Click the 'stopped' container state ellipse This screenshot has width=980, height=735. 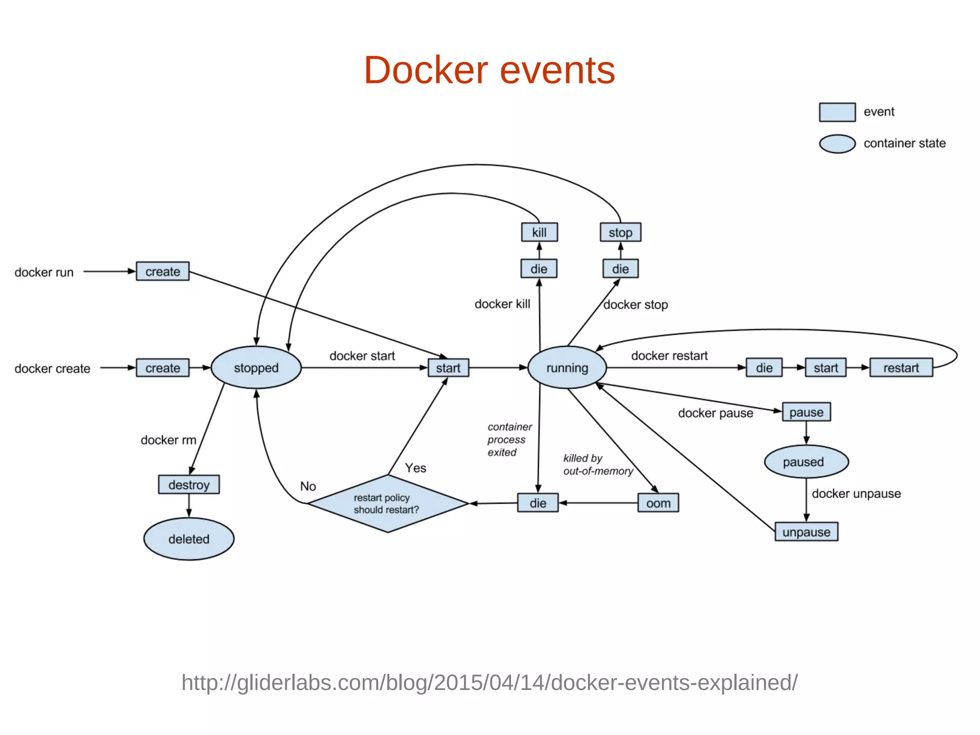coord(256,368)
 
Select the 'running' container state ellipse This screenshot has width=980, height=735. coord(567,368)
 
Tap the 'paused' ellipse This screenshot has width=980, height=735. coord(806,462)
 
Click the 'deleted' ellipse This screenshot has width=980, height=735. coord(189,539)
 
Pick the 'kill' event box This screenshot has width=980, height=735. coord(539,232)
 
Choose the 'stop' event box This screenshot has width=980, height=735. coord(620,232)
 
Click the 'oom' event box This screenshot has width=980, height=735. coord(658,503)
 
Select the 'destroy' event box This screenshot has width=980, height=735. coord(189,485)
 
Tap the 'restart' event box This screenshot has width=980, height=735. coord(901,368)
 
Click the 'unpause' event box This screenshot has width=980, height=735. coord(806,532)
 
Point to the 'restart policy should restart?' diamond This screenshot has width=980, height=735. coord(388,504)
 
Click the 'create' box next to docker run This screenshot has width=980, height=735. coord(163,271)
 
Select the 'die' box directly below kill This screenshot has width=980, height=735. coord(539,269)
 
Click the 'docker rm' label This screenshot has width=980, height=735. coord(168,440)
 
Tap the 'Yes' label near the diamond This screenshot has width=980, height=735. coord(415,468)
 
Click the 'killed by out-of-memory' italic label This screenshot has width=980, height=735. coord(598,464)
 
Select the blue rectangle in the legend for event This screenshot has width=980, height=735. coord(837,112)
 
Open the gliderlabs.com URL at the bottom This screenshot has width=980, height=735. coord(489,682)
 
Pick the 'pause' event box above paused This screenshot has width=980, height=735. coord(806,412)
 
